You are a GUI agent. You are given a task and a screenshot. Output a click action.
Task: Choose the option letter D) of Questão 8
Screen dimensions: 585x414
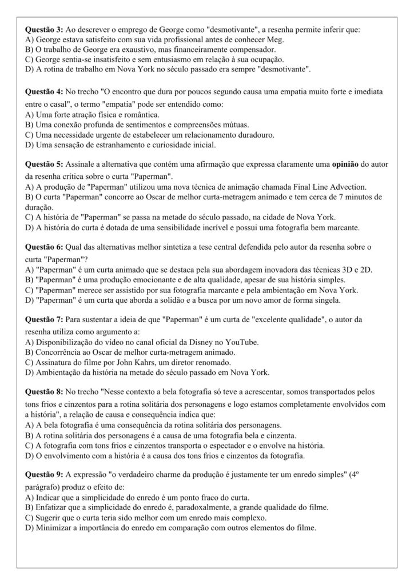31,455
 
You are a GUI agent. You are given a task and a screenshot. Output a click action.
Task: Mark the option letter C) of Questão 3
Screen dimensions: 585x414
31,59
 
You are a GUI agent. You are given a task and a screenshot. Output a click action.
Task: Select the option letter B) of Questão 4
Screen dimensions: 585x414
31,124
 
